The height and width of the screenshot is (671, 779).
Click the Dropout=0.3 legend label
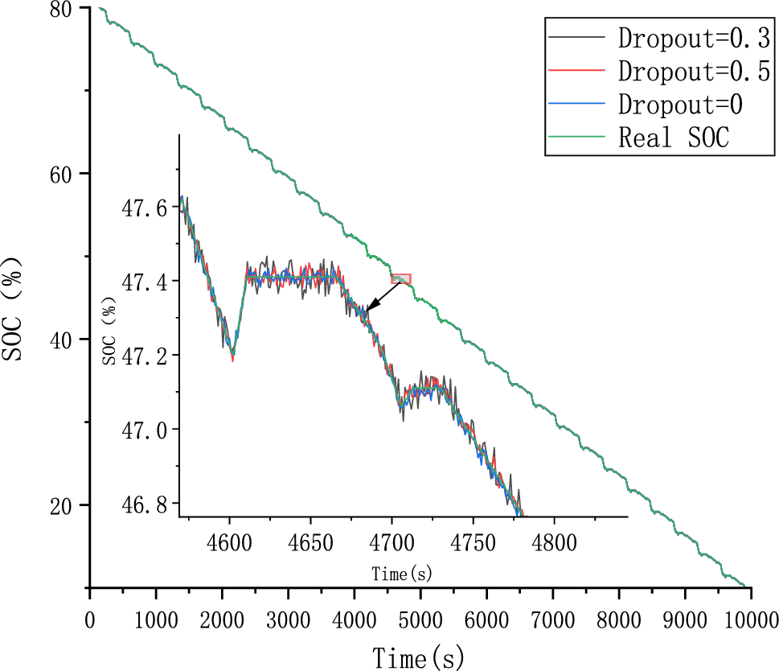click(x=694, y=37)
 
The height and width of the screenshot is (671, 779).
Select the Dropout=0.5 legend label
click(x=694, y=71)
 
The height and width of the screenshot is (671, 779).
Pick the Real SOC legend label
click(x=674, y=138)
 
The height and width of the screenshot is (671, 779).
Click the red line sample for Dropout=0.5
click(x=576, y=71)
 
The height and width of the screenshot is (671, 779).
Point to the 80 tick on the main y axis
click(x=66, y=9)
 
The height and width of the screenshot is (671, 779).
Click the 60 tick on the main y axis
click(x=66, y=175)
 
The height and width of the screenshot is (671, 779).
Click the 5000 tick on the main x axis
click(x=420, y=620)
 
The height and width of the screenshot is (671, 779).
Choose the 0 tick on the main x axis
click(x=89, y=620)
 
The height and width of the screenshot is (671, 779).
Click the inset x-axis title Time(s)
click(x=402, y=573)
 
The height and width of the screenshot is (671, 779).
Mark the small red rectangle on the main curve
click(x=401, y=279)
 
